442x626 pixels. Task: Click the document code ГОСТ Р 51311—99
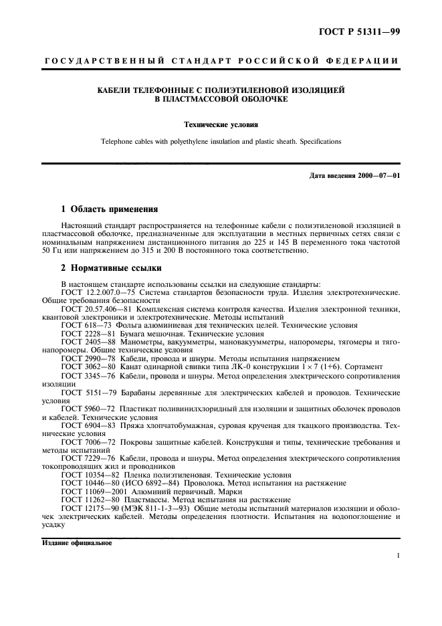[361, 31]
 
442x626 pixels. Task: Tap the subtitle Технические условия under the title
[221, 124]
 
